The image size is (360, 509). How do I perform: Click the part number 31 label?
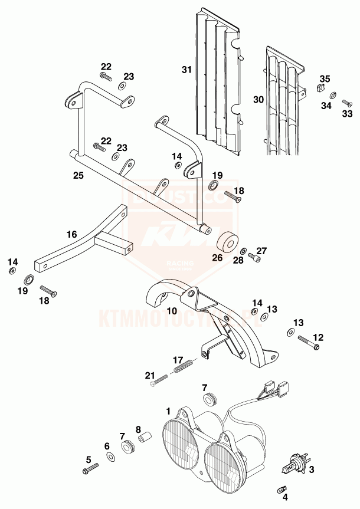point(186,70)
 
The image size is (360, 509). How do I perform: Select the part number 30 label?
point(258,100)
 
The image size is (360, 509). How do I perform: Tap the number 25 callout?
point(77,175)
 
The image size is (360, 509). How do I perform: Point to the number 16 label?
point(71,234)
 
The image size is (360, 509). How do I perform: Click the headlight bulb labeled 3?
point(294,463)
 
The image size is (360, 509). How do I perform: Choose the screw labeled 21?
point(157,382)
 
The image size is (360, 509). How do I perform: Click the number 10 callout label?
point(172,310)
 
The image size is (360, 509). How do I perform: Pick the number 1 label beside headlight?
point(168,409)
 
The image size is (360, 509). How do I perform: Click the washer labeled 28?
point(244,251)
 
